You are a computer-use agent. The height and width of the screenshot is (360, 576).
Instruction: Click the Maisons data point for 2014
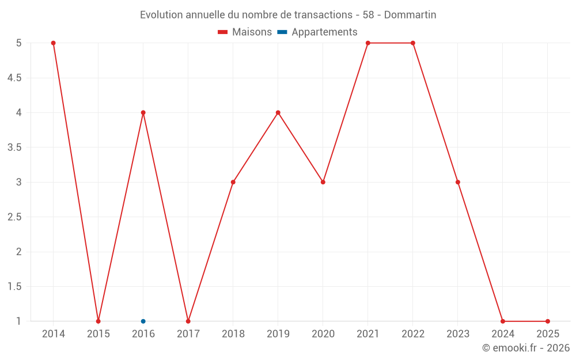coord(53,43)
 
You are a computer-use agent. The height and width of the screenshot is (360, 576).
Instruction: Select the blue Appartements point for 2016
coord(143,321)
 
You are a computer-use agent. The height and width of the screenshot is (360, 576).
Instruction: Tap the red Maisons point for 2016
coord(143,113)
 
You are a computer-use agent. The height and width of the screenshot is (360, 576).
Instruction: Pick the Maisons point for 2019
coord(278,113)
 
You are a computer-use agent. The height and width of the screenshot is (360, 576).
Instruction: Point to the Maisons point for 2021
coord(368,43)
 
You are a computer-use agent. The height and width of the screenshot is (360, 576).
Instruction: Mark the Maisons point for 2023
coord(458,182)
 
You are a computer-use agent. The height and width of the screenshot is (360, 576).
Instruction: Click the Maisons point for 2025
coord(548,321)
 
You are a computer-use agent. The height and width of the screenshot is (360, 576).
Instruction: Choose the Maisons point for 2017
coord(188,321)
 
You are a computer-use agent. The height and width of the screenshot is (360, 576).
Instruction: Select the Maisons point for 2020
coord(323,182)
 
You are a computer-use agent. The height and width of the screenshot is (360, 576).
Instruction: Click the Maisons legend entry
coord(245,32)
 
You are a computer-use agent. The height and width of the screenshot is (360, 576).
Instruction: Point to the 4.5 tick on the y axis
coord(14,78)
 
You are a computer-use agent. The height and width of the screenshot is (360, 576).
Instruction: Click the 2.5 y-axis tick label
coord(14,217)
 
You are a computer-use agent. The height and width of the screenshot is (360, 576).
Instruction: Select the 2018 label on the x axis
coord(233,334)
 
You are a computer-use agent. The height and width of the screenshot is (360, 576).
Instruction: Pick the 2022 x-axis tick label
coord(413,334)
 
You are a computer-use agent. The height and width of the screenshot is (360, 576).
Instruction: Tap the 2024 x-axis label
coord(503,334)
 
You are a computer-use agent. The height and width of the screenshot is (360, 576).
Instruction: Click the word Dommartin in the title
coord(410,15)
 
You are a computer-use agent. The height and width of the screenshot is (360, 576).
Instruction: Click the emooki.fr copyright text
coord(526,348)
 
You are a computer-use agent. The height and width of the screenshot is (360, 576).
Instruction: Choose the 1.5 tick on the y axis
coord(14,287)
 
